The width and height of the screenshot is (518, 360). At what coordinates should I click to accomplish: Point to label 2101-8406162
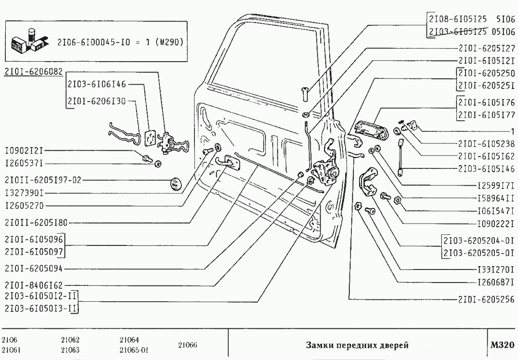33,284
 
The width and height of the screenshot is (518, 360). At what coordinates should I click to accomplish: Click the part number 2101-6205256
487,299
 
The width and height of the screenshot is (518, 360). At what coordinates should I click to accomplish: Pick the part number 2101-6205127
487,48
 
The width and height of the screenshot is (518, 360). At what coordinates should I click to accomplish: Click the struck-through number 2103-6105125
456,32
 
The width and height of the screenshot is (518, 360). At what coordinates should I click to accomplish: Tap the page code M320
502,345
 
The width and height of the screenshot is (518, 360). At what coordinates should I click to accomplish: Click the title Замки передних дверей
357,345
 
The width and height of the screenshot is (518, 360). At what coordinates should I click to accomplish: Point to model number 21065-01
133,350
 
